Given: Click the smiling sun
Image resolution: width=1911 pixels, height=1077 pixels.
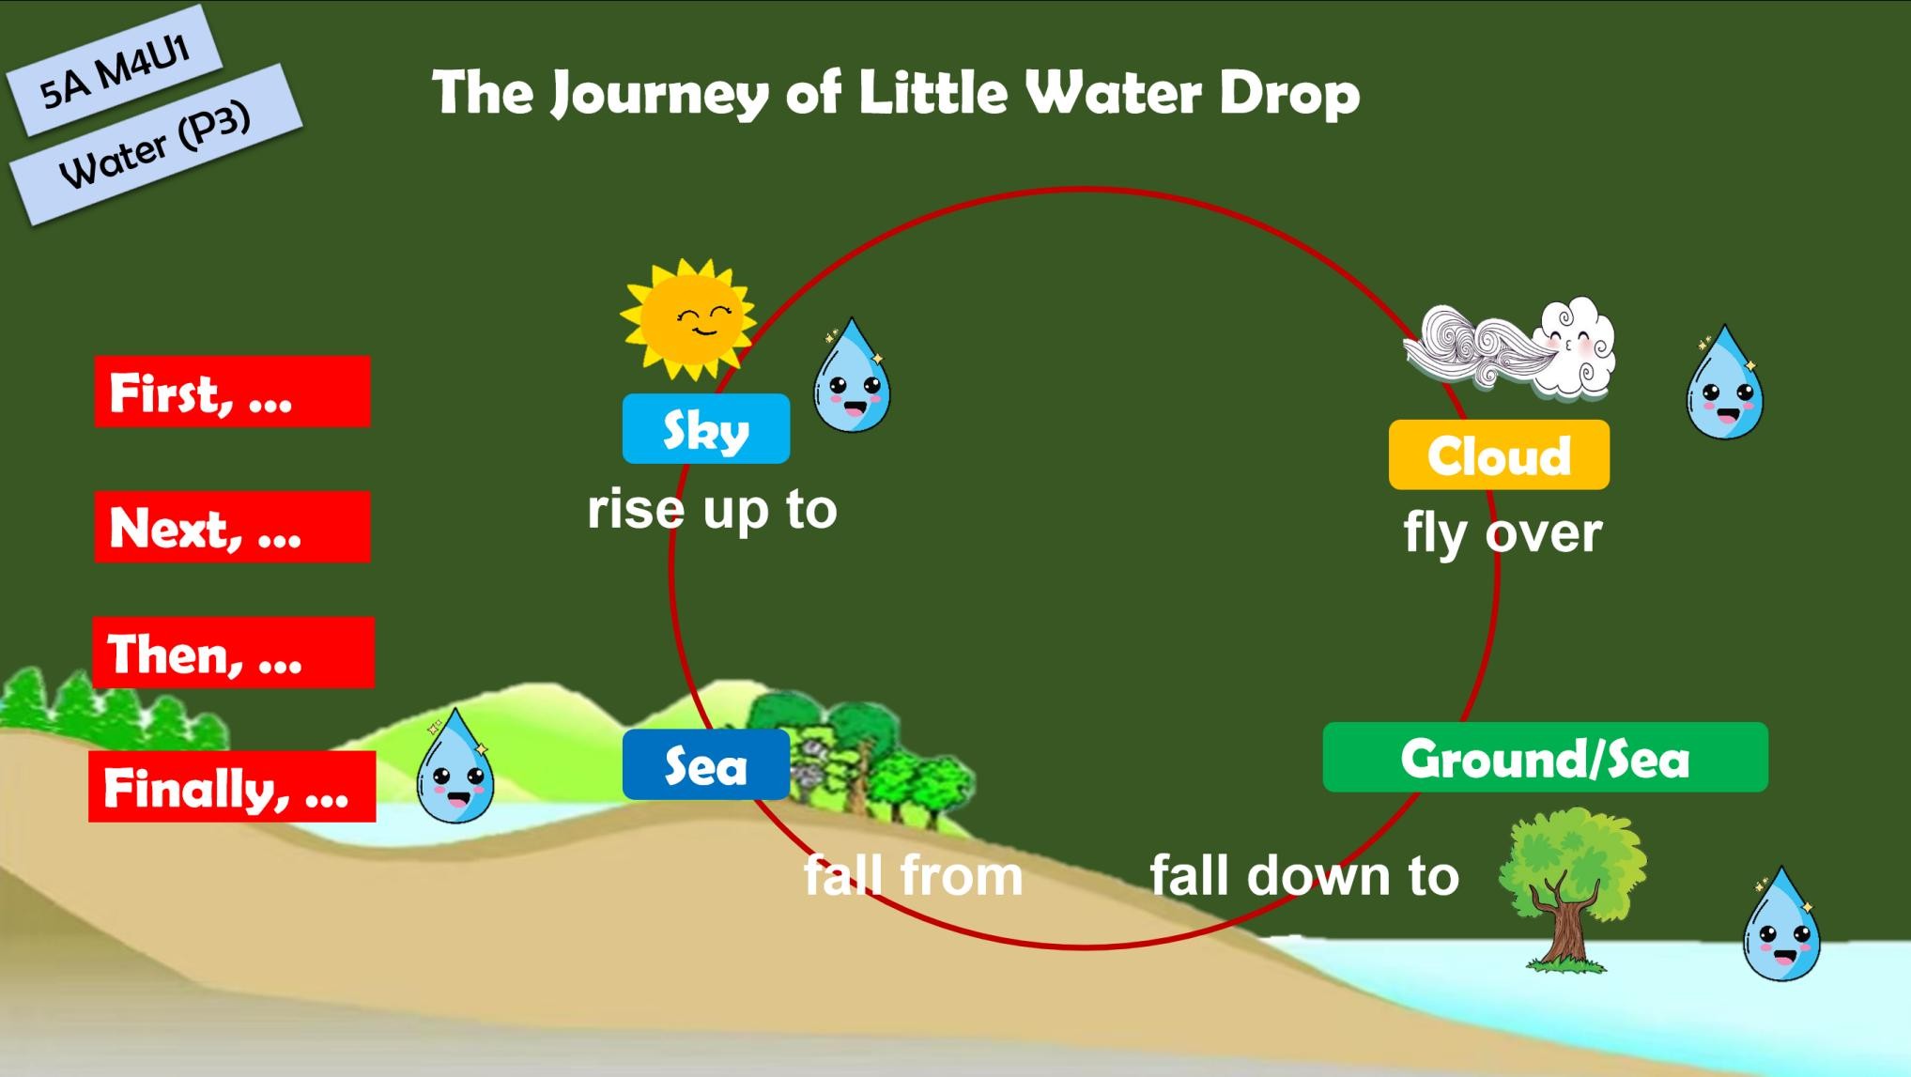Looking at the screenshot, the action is [688, 319].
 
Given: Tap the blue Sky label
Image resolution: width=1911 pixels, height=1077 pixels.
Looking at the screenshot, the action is [706, 429].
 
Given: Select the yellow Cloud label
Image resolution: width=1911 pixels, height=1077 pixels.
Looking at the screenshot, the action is [1499, 455].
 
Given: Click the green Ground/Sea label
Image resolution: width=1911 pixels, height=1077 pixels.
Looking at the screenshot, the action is [1545, 758].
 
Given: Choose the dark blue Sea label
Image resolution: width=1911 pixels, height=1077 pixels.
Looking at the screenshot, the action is [706, 765].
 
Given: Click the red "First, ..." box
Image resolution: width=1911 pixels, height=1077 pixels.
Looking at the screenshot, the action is [233, 392].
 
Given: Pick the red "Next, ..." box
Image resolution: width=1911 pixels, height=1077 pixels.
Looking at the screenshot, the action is [233, 527].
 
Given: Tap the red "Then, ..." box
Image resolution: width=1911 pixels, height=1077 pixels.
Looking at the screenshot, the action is [233, 653].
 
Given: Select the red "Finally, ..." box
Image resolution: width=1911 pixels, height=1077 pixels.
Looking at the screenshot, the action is [232, 787].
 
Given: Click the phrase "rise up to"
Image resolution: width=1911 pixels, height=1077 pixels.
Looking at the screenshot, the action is [712, 510].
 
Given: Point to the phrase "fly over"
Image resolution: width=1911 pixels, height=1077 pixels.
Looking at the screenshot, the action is [1503, 533].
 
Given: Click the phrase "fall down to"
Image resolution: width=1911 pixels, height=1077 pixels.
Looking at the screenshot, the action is [1304, 875].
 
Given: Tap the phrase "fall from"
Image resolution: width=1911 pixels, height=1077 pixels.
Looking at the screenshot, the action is [913, 875].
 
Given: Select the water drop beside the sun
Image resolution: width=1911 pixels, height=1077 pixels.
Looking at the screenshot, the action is [852, 376].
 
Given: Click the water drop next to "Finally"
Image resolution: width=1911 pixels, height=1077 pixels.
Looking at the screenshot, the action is [455, 766].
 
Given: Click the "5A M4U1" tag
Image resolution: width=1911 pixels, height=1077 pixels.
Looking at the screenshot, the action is [115, 71].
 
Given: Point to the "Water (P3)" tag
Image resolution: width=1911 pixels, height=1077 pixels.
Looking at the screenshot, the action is [156, 145].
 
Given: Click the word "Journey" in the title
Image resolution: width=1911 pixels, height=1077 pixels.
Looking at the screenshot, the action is [659, 94].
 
